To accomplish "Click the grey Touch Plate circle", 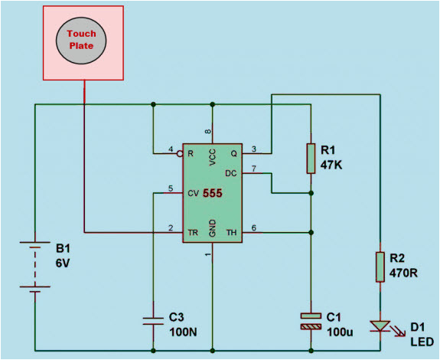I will (x=83, y=39).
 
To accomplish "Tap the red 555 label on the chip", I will (x=212, y=194).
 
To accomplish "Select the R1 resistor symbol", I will (x=311, y=157).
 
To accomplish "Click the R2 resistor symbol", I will (x=379, y=267).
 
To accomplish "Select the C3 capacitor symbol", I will (x=154, y=319).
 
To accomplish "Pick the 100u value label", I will (x=341, y=332).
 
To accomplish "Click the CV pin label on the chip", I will (x=194, y=193).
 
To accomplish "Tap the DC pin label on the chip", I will (x=230, y=174).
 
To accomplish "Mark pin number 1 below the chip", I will (x=208, y=254).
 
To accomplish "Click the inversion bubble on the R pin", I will (x=179, y=154).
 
